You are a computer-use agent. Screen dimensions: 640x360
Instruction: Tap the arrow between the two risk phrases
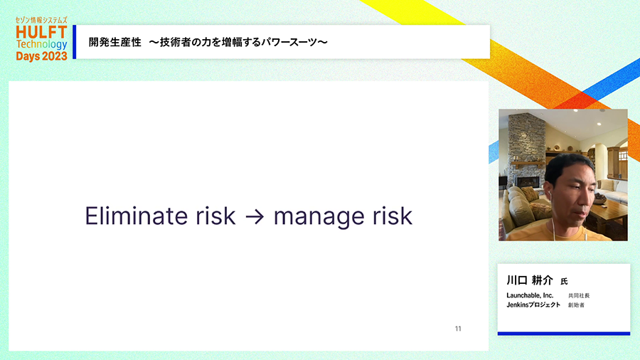(255, 216)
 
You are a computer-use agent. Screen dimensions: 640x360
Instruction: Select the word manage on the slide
(319, 218)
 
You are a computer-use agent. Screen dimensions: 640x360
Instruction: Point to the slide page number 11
(458, 329)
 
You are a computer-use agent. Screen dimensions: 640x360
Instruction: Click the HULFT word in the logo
(41, 32)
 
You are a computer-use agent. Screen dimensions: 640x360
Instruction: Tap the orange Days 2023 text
(41, 56)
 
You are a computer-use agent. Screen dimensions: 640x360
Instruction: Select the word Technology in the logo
(41, 44)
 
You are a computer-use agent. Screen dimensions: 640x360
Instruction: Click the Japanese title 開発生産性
(115, 42)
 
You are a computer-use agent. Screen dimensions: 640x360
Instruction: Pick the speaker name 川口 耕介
(529, 280)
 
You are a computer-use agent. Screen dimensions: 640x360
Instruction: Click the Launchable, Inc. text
(530, 295)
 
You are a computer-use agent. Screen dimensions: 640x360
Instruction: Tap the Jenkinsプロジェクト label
(533, 305)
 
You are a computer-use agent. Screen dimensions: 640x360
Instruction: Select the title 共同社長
(579, 295)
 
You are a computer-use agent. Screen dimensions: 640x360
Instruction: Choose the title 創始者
(576, 305)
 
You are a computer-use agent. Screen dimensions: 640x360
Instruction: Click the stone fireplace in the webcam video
(527, 151)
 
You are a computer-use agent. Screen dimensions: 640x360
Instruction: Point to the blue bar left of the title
(74, 42)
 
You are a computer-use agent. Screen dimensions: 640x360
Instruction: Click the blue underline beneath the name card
(564, 334)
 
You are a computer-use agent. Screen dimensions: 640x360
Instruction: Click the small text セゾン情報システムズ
(41, 20)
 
